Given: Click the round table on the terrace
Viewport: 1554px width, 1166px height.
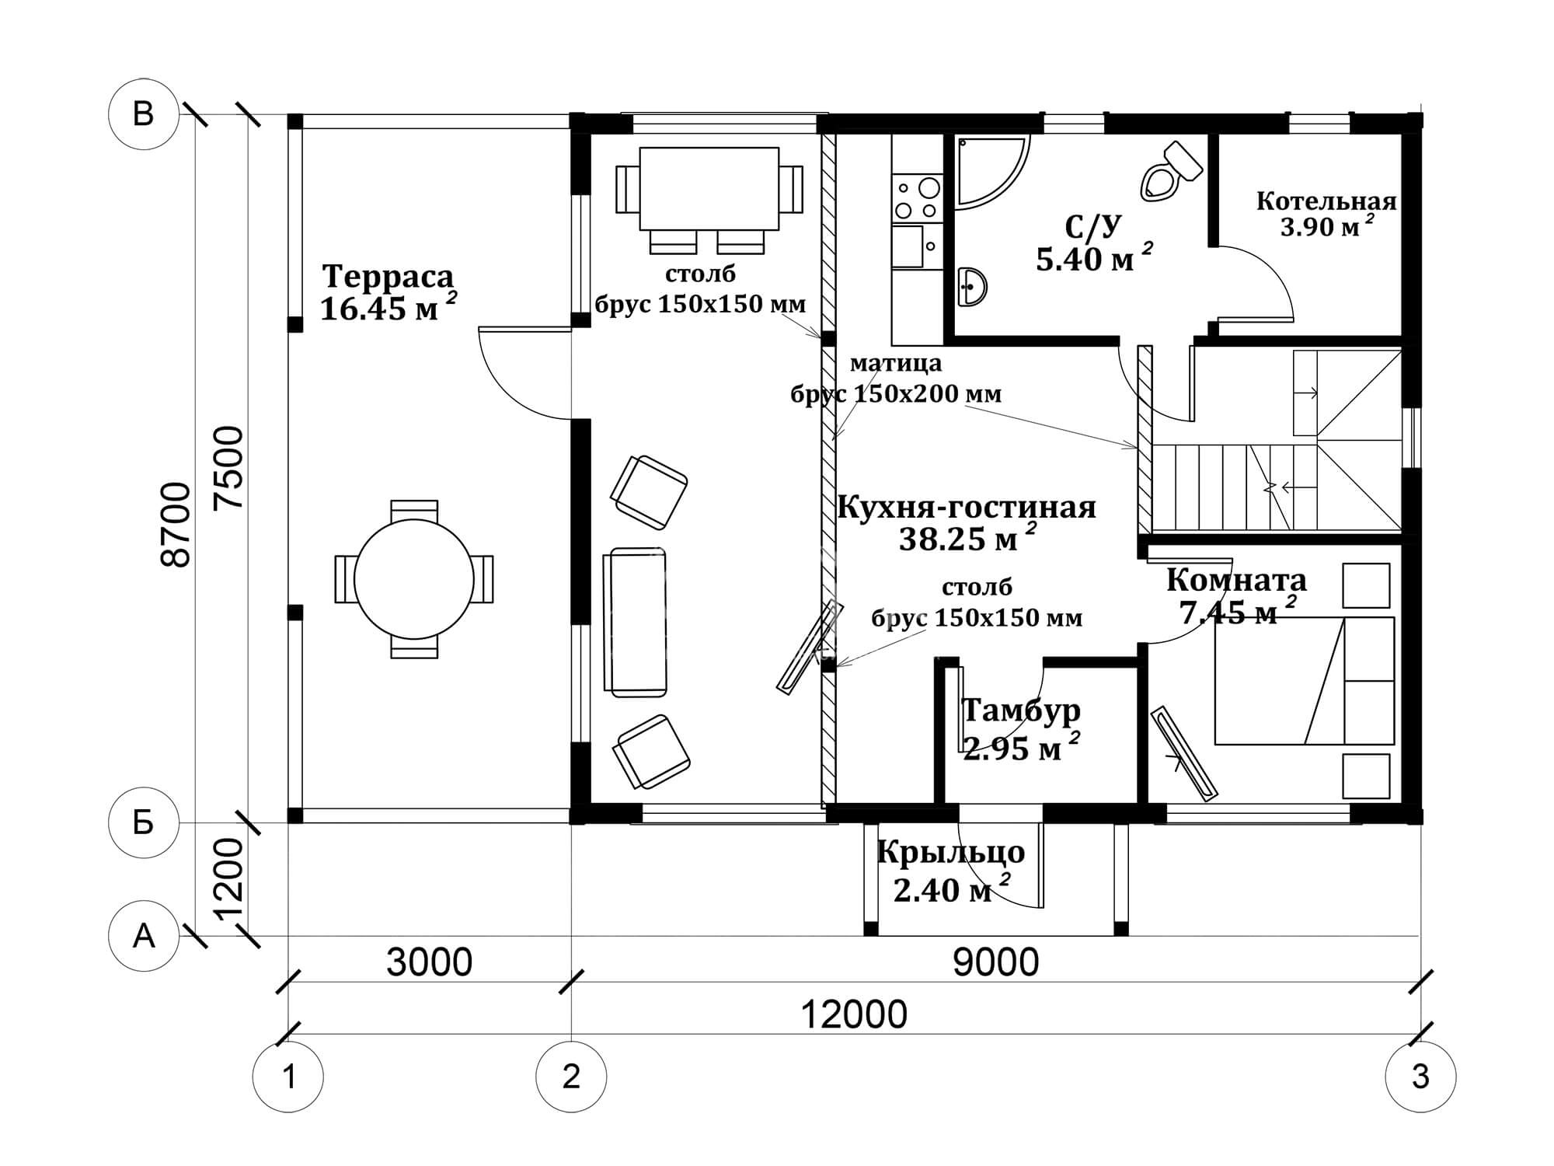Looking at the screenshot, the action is click(x=414, y=579).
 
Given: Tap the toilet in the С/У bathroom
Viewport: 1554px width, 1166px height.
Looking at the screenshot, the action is click(x=1171, y=172).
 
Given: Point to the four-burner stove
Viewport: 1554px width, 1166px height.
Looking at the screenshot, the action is click(x=917, y=199).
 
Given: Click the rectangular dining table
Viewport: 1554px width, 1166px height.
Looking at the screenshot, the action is click(x=709, y=189).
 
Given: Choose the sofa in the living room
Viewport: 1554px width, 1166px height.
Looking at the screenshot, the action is click(x=635, y=622).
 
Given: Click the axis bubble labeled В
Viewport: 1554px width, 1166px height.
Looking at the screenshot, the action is click(x=144, y=114).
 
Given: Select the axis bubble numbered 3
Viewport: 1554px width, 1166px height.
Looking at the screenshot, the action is click(x=1420, y=1077).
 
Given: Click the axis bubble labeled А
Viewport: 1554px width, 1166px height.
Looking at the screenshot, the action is click(x=144, y=936).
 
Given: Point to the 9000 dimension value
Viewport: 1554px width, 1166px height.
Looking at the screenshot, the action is click(x=995, y=962).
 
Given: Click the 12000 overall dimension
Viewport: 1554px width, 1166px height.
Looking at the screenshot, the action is click(x=853, y=1015).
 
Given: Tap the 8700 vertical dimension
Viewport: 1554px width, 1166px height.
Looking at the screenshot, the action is click(x=178, y=525).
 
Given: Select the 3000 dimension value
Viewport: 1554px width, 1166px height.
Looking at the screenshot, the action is click(x=429, y=962).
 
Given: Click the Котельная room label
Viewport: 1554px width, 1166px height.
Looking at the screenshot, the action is click(x=1326, y=202).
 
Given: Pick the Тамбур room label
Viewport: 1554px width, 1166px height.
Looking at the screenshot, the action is click(x=1021, y=710).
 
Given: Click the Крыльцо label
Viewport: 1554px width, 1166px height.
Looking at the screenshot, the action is click(x=951, y=853).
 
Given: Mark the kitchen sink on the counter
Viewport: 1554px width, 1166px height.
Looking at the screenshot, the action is click(x=908, y=246).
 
